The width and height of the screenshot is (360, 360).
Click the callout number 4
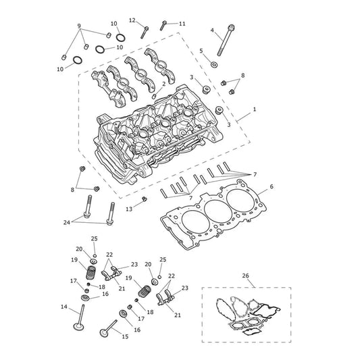pyautogui.click(x=212, y=30)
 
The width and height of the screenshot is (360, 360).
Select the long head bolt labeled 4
pyautogui.click(x=226, y=40)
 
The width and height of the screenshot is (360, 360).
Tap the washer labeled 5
pyautogui.click(x=214, y=65)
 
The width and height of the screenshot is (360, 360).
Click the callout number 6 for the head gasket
pyautogui.click(x=272, y=186)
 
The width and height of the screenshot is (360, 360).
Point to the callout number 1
pyautogui.click(x=255, y=109)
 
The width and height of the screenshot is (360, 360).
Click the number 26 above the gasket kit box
pyautogui.click(x=245, y=276)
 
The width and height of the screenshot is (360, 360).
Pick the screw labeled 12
pyautogui.click(x=144, y=32)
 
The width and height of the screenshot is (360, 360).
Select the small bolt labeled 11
pyautogui.click(x=163, y=25)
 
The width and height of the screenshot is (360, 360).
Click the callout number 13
pyautogui.click(x=129, y=209)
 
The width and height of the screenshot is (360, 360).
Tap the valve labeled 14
pyautogui.click(x=80, y=318)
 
